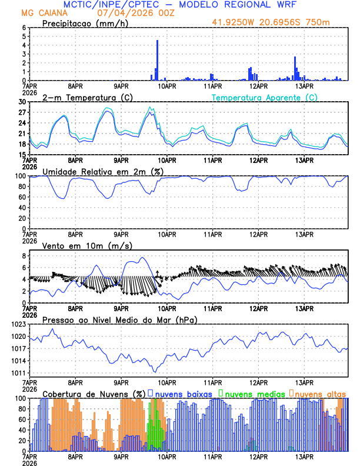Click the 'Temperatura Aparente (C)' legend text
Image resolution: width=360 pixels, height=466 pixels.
(265, 97)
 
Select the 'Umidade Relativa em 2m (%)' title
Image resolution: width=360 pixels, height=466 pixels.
(97, 171)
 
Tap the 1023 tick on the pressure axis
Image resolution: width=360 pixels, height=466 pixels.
(19, 324)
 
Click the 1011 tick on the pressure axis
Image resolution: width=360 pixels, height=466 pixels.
(19, 373)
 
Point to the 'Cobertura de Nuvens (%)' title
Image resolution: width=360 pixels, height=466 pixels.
(94, 393)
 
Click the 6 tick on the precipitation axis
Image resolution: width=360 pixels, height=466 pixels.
(24, 28)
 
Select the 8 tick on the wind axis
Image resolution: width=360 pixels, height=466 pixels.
(24, 256)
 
